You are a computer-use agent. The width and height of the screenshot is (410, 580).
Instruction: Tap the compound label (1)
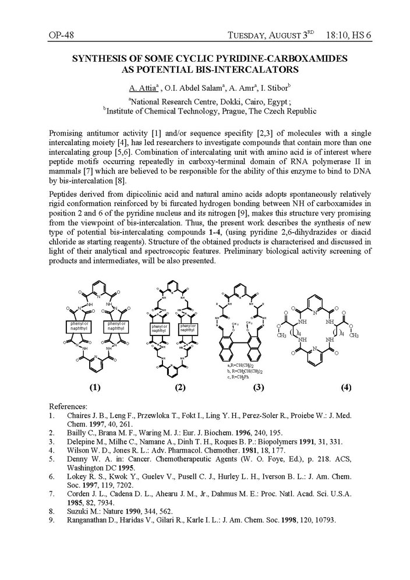[95, 387]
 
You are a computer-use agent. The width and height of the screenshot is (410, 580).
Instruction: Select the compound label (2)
[179, 387]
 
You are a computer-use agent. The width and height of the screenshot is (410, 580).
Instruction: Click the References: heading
[68, 406]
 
